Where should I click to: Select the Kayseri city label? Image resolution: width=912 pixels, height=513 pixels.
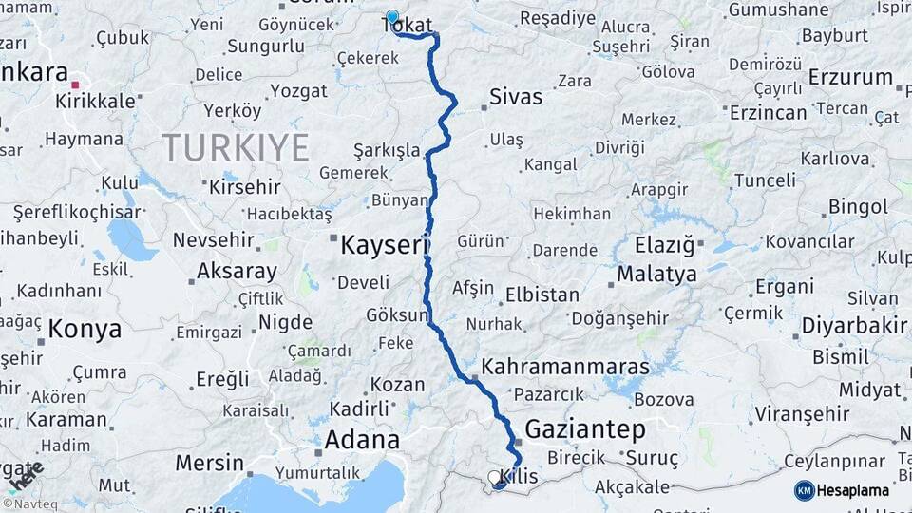click(x=380, y=246)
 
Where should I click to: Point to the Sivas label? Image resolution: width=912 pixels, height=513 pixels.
click(x=516, y=97)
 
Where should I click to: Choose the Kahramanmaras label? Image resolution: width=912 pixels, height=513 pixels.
click(x=565, y=367)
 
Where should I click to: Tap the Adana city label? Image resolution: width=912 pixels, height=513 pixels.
click(x=362, y=440)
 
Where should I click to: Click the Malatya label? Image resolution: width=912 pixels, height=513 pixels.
click(x=656, y=275)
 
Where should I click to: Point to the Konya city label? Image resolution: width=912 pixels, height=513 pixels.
click(x=85, y=330)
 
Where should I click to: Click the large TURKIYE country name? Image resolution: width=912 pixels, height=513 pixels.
click(x=236, y=148)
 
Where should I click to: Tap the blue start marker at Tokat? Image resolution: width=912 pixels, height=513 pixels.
click(x=392, y=17)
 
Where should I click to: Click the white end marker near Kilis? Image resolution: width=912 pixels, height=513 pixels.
click(x=494, y=477)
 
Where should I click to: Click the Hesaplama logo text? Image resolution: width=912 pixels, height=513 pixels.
click(x=853, y=490)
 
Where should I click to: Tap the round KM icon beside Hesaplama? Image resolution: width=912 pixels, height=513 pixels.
click(x=804, y=490)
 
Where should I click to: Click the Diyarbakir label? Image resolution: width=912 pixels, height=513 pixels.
click(x=853, y=327)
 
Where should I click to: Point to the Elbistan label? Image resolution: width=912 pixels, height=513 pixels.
click(x=541, y=294)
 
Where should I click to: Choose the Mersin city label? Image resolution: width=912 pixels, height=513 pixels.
click(x=209, y=464)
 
